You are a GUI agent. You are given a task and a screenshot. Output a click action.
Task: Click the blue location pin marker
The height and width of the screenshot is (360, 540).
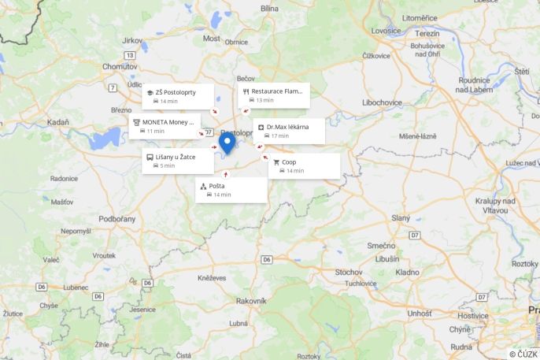coord(227,142)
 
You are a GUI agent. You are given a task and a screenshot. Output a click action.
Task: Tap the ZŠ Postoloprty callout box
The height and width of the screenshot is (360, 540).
coord(178,96)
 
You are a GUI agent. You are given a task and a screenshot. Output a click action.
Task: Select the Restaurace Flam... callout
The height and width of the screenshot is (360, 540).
coord(274,95)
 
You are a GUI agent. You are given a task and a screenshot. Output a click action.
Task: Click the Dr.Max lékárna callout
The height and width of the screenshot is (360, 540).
coord(289,131)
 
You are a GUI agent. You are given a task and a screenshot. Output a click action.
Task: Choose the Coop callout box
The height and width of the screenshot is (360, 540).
coord(304,166)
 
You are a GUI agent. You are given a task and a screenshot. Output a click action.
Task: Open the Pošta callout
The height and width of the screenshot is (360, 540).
coord(231,190)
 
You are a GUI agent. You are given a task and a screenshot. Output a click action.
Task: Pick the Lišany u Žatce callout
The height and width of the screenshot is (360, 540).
coord(178,161)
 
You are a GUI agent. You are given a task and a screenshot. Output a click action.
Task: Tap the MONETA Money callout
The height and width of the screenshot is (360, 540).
coord(165,126)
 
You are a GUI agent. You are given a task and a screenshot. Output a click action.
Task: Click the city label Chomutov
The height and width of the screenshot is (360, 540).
coord(120,66)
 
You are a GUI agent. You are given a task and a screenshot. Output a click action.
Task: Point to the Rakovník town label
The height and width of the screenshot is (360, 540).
coord(251,300)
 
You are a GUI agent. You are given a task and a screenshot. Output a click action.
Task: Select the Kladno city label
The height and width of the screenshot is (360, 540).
coord(407,272)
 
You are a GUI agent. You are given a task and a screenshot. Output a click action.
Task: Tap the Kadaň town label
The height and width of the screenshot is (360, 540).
coord(57,122)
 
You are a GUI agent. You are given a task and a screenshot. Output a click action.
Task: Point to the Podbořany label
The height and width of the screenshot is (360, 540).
coord(117,218)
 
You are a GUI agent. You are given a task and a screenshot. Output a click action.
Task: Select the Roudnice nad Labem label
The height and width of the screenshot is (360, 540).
coord(474,84)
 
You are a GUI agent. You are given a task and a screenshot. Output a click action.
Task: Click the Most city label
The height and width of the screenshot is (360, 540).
coord(212,38)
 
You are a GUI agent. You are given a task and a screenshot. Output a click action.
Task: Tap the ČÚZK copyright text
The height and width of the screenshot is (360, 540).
coord(523,354)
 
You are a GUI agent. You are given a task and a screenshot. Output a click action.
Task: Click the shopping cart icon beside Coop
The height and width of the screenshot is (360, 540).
coord(276,162)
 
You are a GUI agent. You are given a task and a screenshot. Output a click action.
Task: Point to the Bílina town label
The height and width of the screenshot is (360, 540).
coord(270,8)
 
